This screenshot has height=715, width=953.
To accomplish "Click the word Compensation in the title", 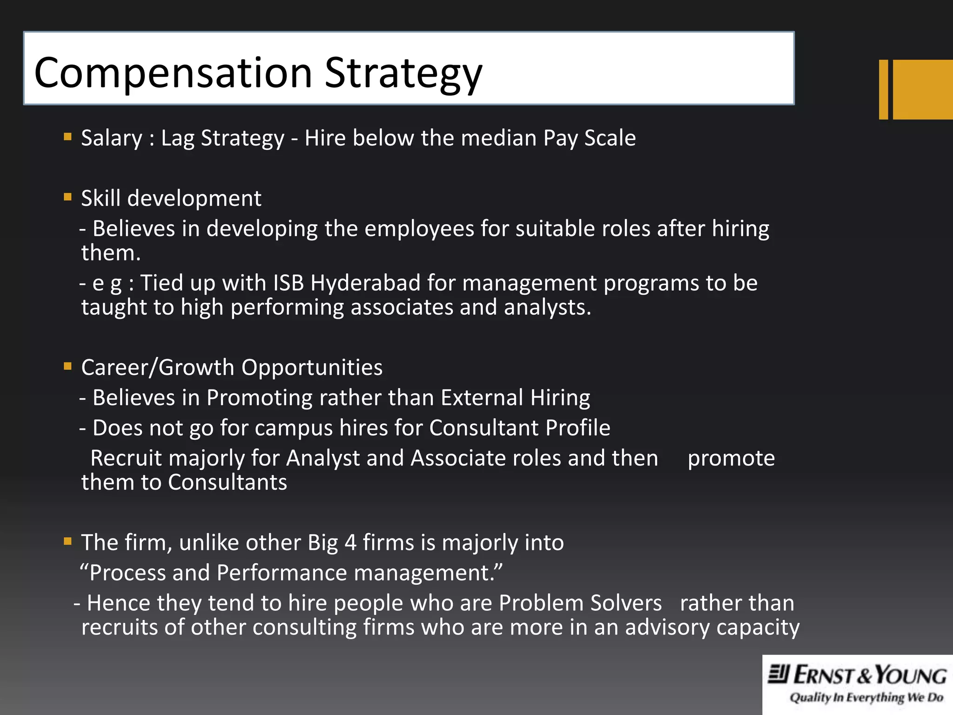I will (173, 73).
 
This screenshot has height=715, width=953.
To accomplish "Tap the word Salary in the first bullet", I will (112, 138).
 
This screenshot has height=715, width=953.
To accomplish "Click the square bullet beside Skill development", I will (68, 197).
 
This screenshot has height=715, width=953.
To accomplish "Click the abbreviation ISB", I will (288, 283).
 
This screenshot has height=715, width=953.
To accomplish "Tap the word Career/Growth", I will (158, 368).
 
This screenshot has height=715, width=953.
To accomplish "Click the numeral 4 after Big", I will (350, 543).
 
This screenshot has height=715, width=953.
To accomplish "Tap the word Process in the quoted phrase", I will (127, 573).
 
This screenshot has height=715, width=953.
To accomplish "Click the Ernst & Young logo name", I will (857, 675).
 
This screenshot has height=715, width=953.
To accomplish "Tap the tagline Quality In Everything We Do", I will (866, 697).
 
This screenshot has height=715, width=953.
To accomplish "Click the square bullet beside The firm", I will (68, 541).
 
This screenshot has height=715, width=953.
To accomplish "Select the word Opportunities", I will (312, 368).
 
